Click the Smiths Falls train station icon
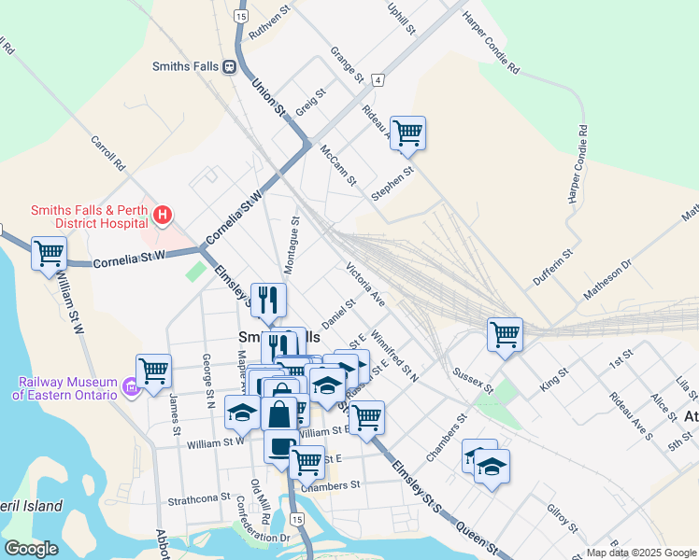pyautogui.click(x=228, y=66)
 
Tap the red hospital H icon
pyautogui.click(x=163, y=217)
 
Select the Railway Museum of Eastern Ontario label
pyautogui.click(x=64, y=388)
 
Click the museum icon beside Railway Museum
pyautogui.click(x=131, y=385)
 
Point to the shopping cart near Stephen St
pyautogui.click(x=408, y=133)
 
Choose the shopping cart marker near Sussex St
pyautogui.click(x=505, y=333)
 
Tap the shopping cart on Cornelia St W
pyautogui.click(x=49, y=253)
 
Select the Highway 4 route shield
pyautogui.click(x=378, y=80)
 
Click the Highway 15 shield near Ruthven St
pyautogui.click(x=241, y=17)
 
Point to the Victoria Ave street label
pyautogui.click(x=365, y=285)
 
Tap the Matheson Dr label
pyautogui.click(x=607, y=279)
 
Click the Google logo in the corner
pyautogui.click(x=31, y=548)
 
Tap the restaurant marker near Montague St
pyautogui.click(x=268, y=300)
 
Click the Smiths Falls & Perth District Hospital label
pyautogui.click(x=89, y=217)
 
